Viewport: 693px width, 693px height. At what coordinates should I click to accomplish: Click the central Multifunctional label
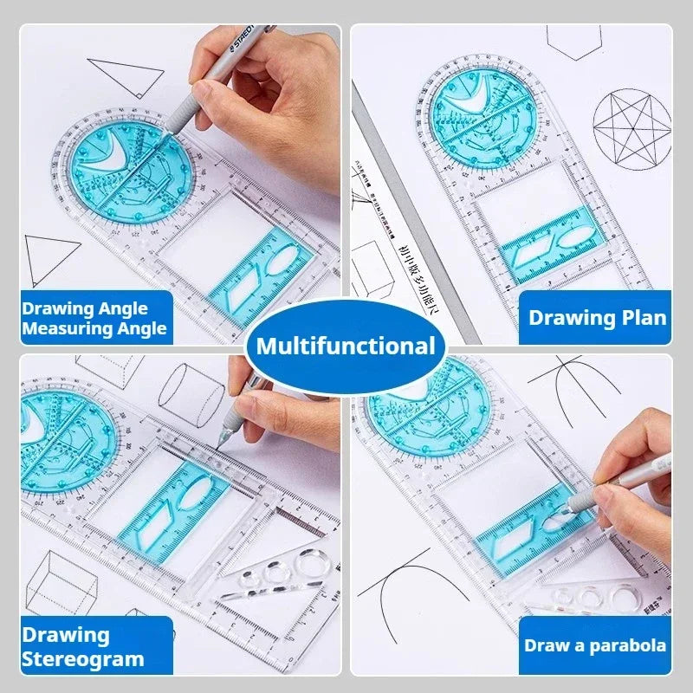pyautogui.click(x=346, y=347)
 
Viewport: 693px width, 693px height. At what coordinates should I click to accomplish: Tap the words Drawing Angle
pyautogui.click(x=85, y=308)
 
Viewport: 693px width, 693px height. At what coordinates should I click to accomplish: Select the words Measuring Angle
pyautogui.click(x=94, y=329)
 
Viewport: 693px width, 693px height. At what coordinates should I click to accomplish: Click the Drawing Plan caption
pyautogui.click(x=598, y=317)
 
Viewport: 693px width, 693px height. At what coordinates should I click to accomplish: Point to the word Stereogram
pyautogui.click(x=83, y=659)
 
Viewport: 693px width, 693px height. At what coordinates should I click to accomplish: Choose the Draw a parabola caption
pyautogui.click(x=595, y=645)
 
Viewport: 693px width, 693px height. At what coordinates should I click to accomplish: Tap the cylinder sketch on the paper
pyautogui.click(x=190, y=393)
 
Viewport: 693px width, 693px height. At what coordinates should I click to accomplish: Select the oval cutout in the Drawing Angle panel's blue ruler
pyautogui.click(x=283, y=260)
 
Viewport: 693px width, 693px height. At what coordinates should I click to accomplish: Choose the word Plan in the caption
pyautogui.click(x=647, y=317)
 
